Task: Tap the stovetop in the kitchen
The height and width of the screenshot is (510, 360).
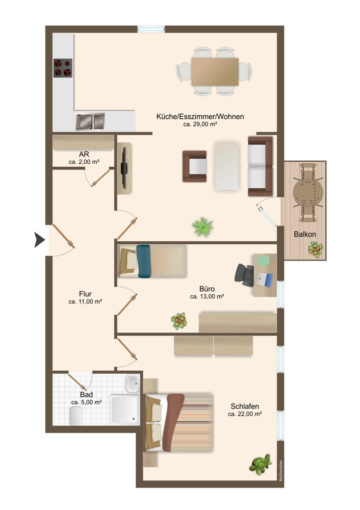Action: [x=63, y=68]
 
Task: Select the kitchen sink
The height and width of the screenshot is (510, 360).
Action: [x=90, y=122]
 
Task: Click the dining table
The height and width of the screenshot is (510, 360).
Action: [x=215, y=72]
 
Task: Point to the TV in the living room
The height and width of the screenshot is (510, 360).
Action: [x=124, y=168]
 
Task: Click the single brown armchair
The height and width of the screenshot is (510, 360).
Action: [x=194, y=166]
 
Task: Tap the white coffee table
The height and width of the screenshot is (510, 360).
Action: [x=226, y=166]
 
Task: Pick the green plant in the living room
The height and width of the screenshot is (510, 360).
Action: [x=202, y=226]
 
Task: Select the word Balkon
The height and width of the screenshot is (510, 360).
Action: [x=305, y=234]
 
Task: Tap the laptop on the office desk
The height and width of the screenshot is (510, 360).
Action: [x=265, y=279]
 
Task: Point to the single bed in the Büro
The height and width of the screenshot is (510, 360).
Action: [x=152, y=261]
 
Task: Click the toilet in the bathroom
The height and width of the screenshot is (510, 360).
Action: [x=76, y=417]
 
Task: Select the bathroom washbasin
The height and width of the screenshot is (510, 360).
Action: [x=132, y=384]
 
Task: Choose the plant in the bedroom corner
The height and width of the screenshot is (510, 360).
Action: [x=261, y=464]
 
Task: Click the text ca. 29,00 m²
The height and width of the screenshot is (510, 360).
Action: [x=200, y=124]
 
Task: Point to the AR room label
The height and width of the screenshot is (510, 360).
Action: [x=84, y=154]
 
